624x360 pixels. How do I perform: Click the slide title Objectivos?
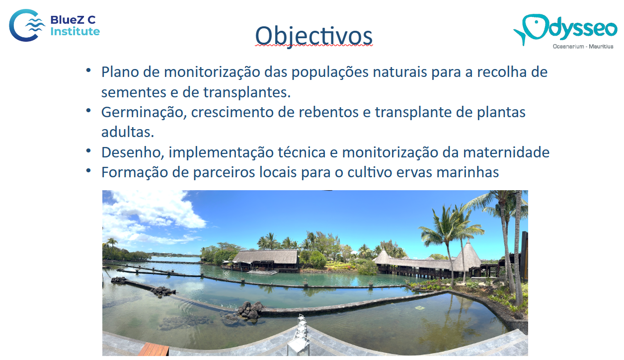pos(314,36)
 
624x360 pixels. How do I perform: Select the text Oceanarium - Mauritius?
pos(583,47)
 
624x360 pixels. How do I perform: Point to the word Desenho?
pos(132,152)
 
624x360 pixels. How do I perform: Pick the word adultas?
pos(128,132)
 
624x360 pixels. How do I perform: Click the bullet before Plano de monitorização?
pos(88,70)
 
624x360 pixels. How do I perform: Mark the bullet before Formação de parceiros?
pos(88,170)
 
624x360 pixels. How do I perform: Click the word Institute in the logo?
pos(75,31)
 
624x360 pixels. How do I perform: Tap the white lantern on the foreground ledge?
pos(300,335)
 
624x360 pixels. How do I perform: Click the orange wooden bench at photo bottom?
pos(154,350)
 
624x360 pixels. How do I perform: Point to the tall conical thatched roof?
pos(469,256)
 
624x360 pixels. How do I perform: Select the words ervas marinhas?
pos(448,172)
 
